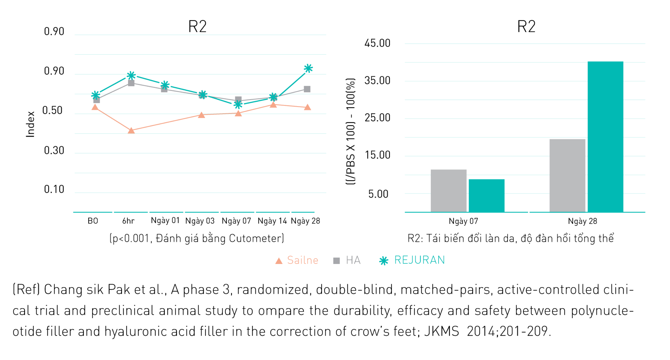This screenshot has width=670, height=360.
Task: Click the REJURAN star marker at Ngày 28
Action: (x=308, y=69)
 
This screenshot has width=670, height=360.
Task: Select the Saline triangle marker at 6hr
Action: (x=131, y=130)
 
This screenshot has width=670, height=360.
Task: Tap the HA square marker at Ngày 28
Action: (x=307, y=89)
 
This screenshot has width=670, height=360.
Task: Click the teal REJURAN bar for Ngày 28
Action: (x=605, y=137)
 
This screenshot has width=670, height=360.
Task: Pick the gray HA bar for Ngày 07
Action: (x=448, y=191)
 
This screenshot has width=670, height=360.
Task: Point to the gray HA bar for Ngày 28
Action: (x=567, y=175)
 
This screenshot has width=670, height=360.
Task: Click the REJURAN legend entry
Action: (x=419, y=260)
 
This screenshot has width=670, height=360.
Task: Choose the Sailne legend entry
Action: (x=302, y=260)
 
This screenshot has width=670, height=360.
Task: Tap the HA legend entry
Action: (x=353, y=260)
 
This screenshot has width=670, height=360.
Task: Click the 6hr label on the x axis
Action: (x=128, y=221)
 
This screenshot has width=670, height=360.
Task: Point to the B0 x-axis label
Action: (x=93, y=221)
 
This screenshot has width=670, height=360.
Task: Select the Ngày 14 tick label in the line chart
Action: (x=272, y=221)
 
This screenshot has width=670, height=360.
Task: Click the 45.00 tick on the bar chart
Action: (x=377, y=43)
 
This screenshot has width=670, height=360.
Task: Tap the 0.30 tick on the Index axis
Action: (x=54, y=150)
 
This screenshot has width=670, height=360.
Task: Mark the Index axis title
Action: (x=30, y=124)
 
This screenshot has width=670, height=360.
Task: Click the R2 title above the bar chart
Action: (x=526, y=26)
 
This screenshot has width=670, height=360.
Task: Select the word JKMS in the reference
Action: (x=442, y=331)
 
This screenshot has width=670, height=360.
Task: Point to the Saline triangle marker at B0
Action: (x=95, y=107)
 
